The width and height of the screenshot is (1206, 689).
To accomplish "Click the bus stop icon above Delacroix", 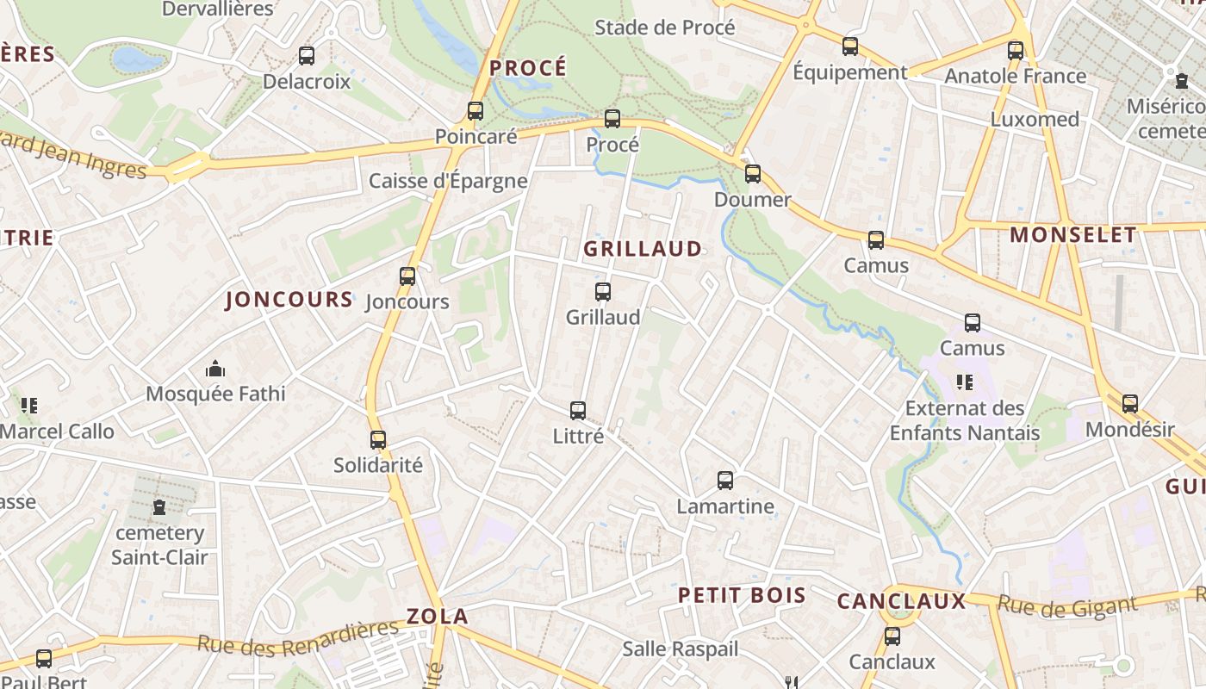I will point(307,56).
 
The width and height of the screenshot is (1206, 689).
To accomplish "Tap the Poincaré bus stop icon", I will point(476,110).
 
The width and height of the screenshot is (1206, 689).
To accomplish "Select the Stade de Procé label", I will point(665,28).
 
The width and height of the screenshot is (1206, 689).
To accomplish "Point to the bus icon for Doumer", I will point(753,174).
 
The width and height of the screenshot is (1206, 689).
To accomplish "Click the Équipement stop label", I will point(849,72).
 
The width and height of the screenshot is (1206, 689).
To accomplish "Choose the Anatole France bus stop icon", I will point(1016,50).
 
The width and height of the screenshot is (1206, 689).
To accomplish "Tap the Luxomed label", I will point(1035,119).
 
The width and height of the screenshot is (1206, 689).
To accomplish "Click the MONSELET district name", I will point(1073,235).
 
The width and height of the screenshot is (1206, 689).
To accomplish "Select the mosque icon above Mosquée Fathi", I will point(215,369).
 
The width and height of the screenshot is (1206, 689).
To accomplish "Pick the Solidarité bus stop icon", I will point(378,439).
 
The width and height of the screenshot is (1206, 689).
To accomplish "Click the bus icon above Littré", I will point(578,411).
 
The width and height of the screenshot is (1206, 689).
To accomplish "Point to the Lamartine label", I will point(725,506).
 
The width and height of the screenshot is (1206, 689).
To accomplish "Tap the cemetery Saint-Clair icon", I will point(159,507).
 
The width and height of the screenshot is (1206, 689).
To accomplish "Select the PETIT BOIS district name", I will point(742,595).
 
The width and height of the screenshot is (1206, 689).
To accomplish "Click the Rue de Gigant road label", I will point(1066,605).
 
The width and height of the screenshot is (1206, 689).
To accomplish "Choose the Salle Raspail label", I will point(681,649).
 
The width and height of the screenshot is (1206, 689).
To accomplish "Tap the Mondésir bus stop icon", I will point(1130,403).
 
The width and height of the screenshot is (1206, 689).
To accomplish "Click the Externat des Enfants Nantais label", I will point(965,420).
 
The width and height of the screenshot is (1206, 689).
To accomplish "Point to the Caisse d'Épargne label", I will point(448,181).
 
